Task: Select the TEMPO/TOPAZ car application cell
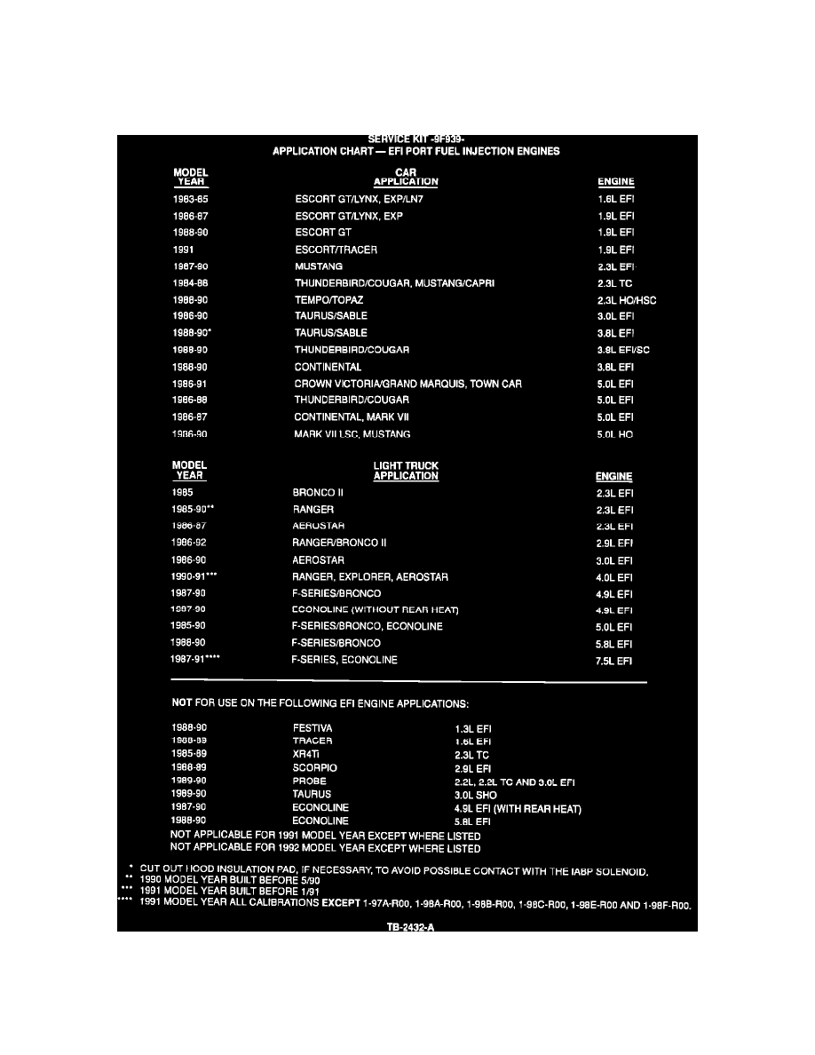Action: click(329, 300)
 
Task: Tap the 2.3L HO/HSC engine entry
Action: click(627, 300)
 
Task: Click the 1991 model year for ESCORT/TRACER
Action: click(184, 250)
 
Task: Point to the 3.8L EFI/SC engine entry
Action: click(623, 350)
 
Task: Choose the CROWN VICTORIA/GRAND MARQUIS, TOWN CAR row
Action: click(407, 384)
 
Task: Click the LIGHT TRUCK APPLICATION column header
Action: click(406, 471)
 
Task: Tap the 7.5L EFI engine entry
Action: click(615, 660)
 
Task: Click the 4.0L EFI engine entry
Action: click(615, 577)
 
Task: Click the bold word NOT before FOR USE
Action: click(182, 703)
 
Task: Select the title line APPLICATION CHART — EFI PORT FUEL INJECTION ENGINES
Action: click(415, 151)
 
